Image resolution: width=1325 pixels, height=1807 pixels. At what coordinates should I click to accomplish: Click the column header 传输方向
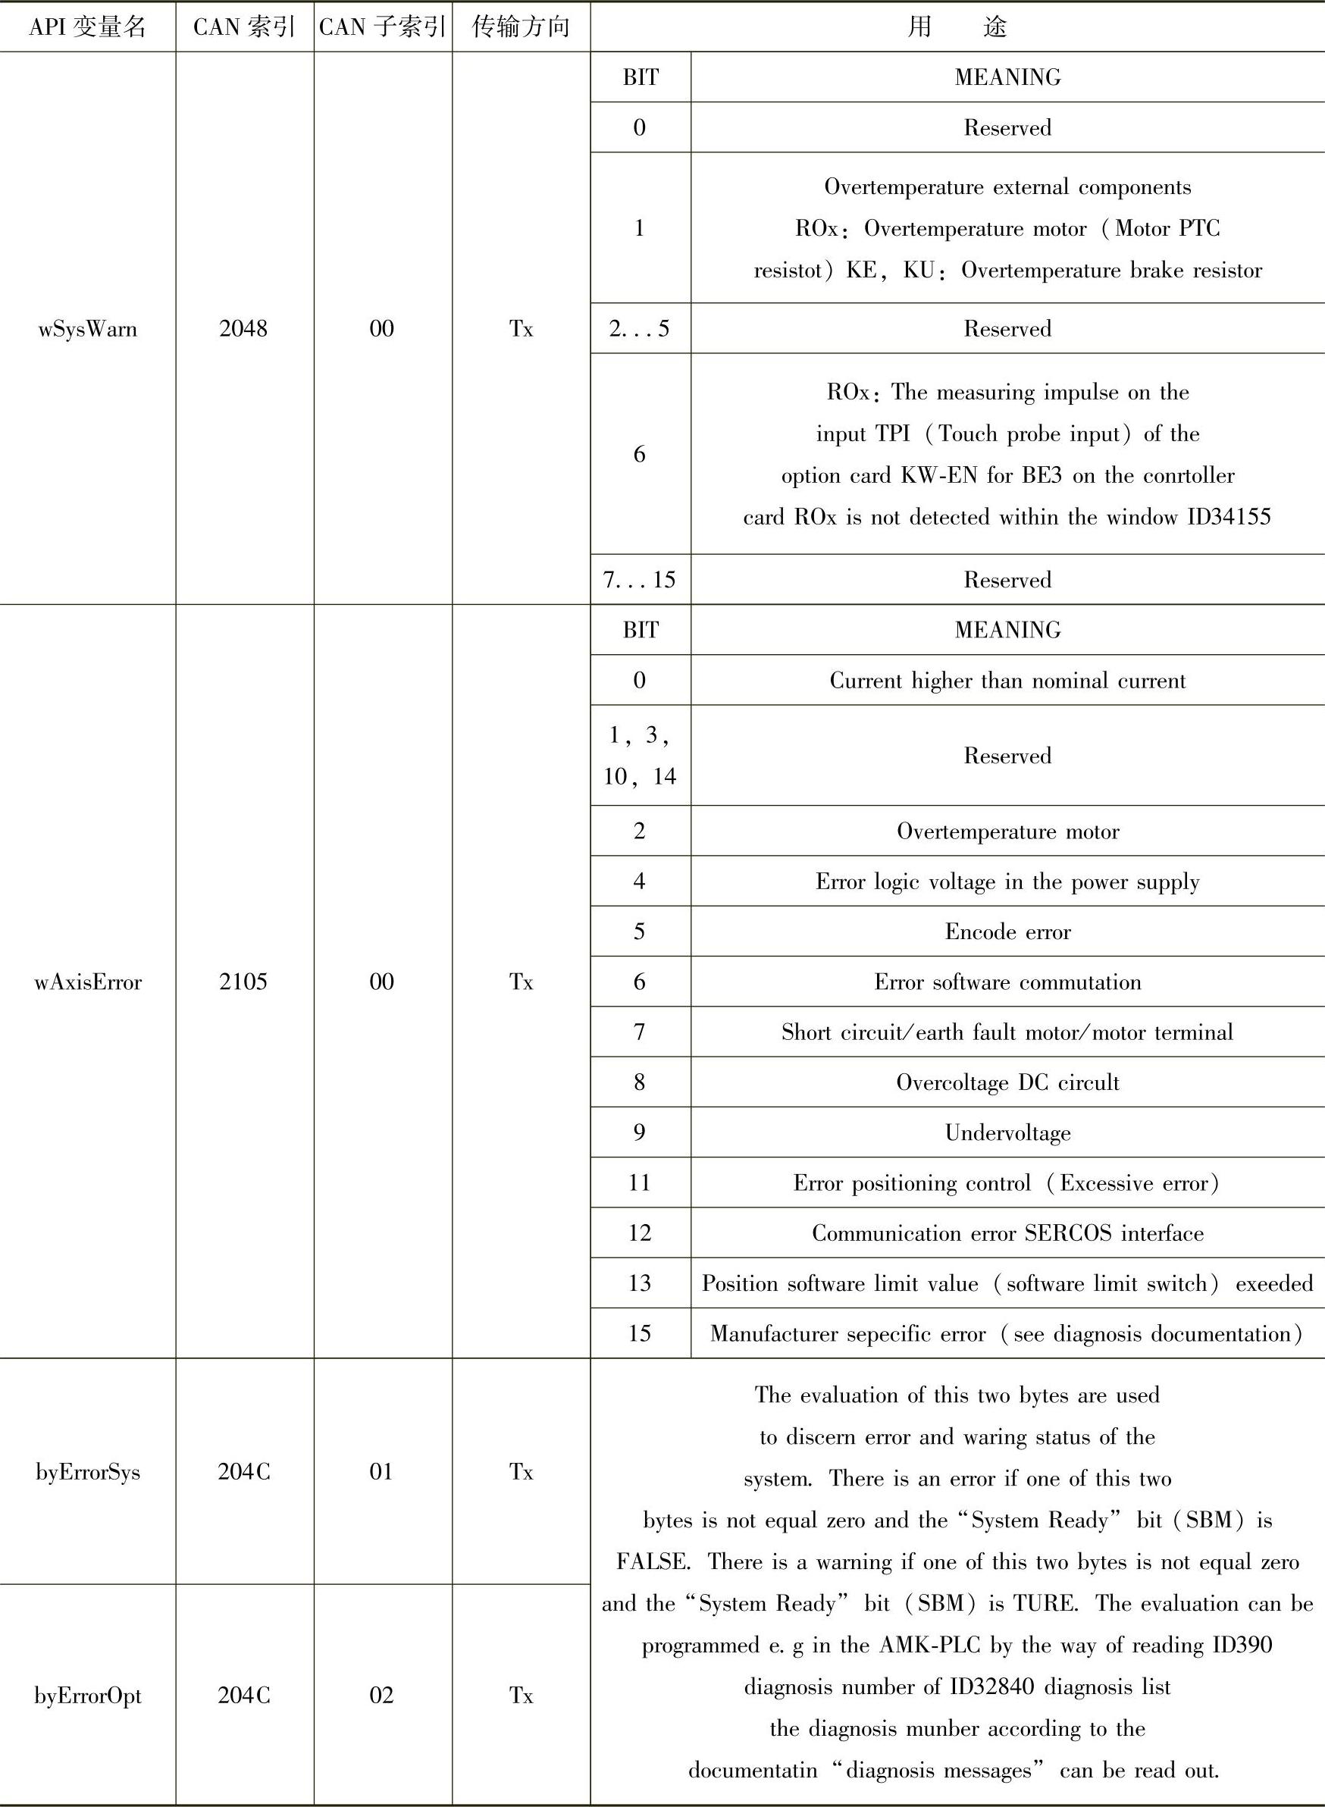521,27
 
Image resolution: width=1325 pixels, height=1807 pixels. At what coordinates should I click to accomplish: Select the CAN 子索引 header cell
383,27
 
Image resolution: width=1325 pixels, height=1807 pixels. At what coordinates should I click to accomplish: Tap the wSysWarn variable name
87,329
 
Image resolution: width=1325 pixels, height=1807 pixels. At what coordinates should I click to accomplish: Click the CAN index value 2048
244,329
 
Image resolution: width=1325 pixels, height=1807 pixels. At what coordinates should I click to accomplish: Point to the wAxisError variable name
87,982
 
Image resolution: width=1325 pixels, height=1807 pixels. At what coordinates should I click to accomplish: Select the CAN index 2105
244,982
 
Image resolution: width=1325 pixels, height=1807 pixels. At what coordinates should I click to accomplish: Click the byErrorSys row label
87,1472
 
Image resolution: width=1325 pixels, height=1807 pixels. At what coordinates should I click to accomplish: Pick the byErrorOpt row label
87,1695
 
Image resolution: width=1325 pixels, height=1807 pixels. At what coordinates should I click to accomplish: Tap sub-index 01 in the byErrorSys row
382,1472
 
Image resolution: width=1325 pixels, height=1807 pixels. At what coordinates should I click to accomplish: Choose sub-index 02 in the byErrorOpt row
382,1695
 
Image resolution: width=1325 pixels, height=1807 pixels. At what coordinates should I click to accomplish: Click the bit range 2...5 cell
639,329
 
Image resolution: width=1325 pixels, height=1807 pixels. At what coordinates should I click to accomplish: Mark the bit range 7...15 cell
639,580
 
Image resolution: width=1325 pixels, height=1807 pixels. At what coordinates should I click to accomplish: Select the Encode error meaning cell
1007,932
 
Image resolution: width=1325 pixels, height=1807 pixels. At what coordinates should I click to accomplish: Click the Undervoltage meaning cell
1007,1132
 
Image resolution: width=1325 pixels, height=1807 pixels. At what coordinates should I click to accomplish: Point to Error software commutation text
1007,982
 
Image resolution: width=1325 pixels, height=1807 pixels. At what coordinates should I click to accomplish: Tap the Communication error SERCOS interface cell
1007,1232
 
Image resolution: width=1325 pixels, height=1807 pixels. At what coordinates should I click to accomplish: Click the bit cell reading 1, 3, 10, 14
639,756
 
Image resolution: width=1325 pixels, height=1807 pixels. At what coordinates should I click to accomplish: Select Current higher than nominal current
1007,681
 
